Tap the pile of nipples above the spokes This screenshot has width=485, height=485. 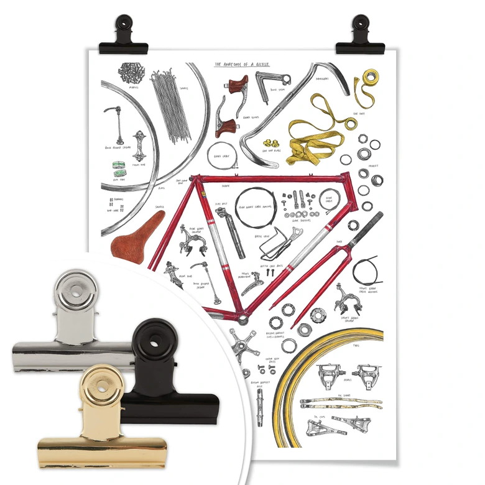(x=132, y=73)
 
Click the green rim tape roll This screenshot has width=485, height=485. (x=119, y=167)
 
